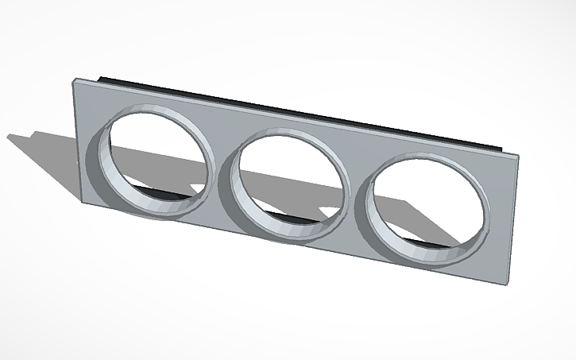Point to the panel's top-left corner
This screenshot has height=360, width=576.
[74, 79]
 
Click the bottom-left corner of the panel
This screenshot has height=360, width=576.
[83, 203]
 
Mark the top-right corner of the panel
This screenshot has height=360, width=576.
[520, 157]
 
